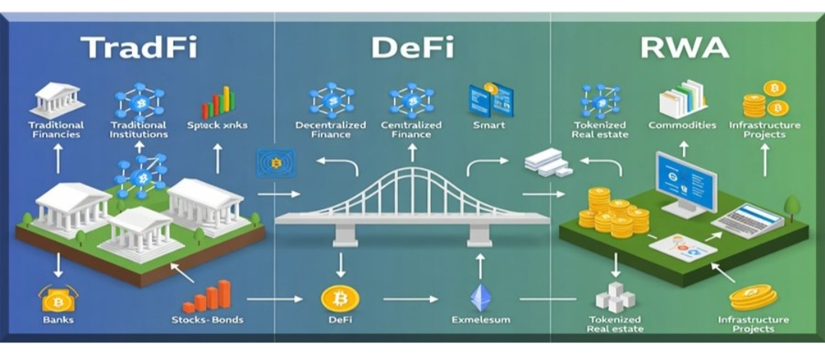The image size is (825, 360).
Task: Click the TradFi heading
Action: click(139, 48)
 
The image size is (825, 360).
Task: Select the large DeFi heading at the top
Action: click(412, 48)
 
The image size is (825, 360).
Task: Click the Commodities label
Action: click(682, 125)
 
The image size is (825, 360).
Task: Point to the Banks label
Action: click(57, 319)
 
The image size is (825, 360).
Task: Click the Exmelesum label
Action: click(480, 319)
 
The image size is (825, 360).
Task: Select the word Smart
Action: click(489, 125)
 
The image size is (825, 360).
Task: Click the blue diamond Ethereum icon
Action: click(481, 297)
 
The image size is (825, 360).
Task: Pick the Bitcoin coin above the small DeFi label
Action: click(340, 297)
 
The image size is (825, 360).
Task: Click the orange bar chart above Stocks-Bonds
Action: click(207, 295)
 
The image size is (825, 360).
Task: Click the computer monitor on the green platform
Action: click(686, 182)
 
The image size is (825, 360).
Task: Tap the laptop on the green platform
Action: click(746, 221)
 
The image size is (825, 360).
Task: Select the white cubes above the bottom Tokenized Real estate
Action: click(616, 297)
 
